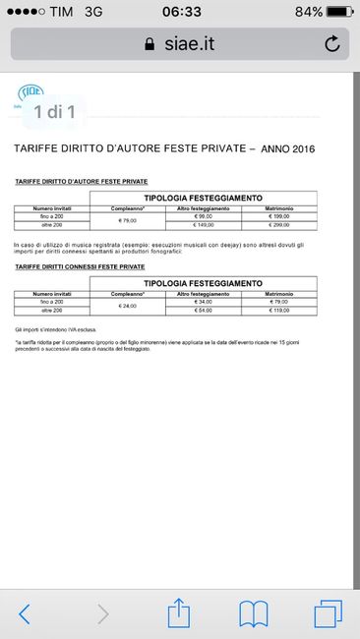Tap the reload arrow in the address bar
[x=331, y=43]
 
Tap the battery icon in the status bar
[x=336, y=11]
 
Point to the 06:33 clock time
[x=180, y=11]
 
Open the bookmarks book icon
[x=254, y=614]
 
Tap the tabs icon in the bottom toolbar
[x=328, y=614]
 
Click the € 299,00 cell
[x=277, y=224]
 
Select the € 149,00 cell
[x=204, y=224]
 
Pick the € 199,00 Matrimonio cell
[x=277, y=216]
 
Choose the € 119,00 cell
[x=277, y=311]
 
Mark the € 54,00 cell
[x=204, y=311]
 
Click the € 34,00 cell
[x=204, y=302]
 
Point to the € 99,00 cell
[x=204, y=216]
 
